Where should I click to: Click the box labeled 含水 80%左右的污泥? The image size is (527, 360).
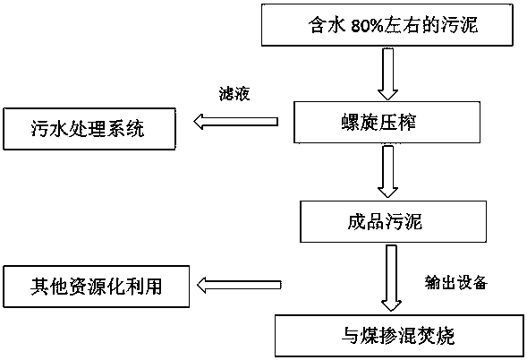point(387,24)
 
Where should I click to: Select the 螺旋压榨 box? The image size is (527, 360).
point(387,122)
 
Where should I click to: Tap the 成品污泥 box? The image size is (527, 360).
point(393,221)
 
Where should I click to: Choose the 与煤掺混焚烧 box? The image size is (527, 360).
point(400,336)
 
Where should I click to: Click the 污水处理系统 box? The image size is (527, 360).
point(89,129)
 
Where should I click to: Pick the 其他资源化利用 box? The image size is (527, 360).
point(96,287)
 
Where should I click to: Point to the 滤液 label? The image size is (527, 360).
point(234,94)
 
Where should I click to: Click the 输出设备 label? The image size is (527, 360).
point(455,283)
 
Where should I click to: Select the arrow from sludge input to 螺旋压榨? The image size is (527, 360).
point(387,74)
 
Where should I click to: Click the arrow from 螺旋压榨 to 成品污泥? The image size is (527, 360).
point(387,171)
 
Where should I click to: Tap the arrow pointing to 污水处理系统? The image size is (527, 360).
point(236,121)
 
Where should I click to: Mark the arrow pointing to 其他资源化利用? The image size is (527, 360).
point(239,285)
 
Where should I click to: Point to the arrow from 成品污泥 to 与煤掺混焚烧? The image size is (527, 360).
point(391,279)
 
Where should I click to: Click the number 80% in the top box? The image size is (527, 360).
point(367,26)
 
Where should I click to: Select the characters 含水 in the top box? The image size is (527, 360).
point(327,25)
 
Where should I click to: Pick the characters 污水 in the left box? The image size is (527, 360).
point(49,129)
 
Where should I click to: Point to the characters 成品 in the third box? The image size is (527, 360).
point(366,221)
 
